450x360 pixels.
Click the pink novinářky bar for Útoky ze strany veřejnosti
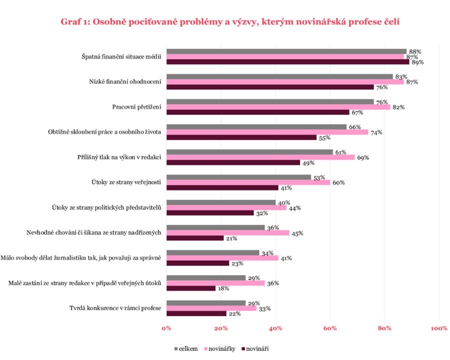[248, 182]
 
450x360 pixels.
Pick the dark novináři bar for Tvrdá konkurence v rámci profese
[196, 313]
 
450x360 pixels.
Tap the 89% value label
[417, 62]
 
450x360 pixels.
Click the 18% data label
[223, 288]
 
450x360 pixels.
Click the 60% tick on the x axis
[330, 328]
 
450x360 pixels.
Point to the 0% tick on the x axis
[166, 328]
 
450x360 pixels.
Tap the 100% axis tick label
[438, 328]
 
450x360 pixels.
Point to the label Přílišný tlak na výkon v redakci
[123, 157]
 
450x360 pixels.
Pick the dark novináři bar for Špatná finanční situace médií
[287, 62]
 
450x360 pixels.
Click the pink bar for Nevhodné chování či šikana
[228, 232]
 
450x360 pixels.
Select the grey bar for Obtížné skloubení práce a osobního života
[256, 126]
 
